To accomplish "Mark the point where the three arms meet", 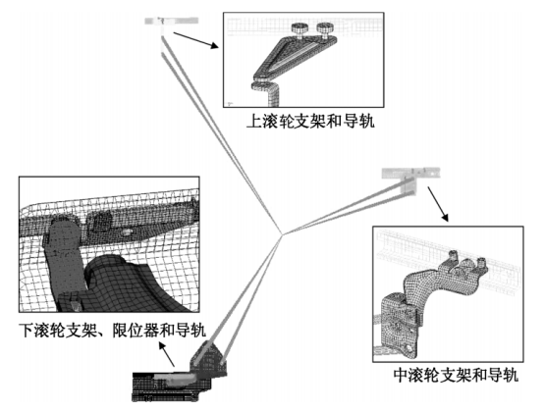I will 282,234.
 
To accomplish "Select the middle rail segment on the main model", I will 405,174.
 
